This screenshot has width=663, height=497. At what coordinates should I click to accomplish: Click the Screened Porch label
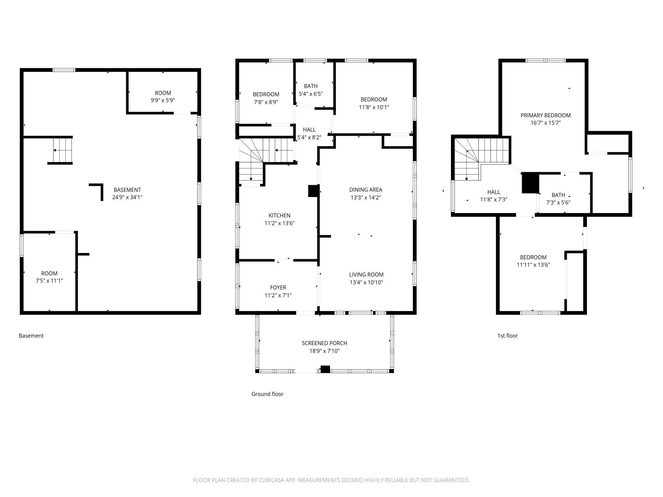point(324,343)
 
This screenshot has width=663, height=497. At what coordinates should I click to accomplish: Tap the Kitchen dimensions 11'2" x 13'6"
point(280,223)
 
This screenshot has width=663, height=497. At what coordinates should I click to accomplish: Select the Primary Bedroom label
point(545,115)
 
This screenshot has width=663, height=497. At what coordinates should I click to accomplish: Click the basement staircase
point(63,150)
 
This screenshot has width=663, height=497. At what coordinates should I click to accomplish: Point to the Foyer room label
point(278,288)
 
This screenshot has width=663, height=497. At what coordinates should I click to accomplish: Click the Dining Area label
point(366,190)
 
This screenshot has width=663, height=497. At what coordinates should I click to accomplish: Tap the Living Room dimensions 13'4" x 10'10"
point(366,282)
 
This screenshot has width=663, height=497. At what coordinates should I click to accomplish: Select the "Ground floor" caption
point(267,394)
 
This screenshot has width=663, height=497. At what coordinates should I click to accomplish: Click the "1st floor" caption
point(508,336)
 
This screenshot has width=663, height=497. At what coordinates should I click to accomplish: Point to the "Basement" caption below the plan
point(31,336)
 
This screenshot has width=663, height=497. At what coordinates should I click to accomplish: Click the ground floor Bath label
point(311,86)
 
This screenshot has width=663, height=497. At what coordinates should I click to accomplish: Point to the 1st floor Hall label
point(494,192)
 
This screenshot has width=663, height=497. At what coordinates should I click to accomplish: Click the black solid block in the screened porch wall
point(325,369)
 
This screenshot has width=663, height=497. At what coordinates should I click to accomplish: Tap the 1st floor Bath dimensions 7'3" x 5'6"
point(558,203)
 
